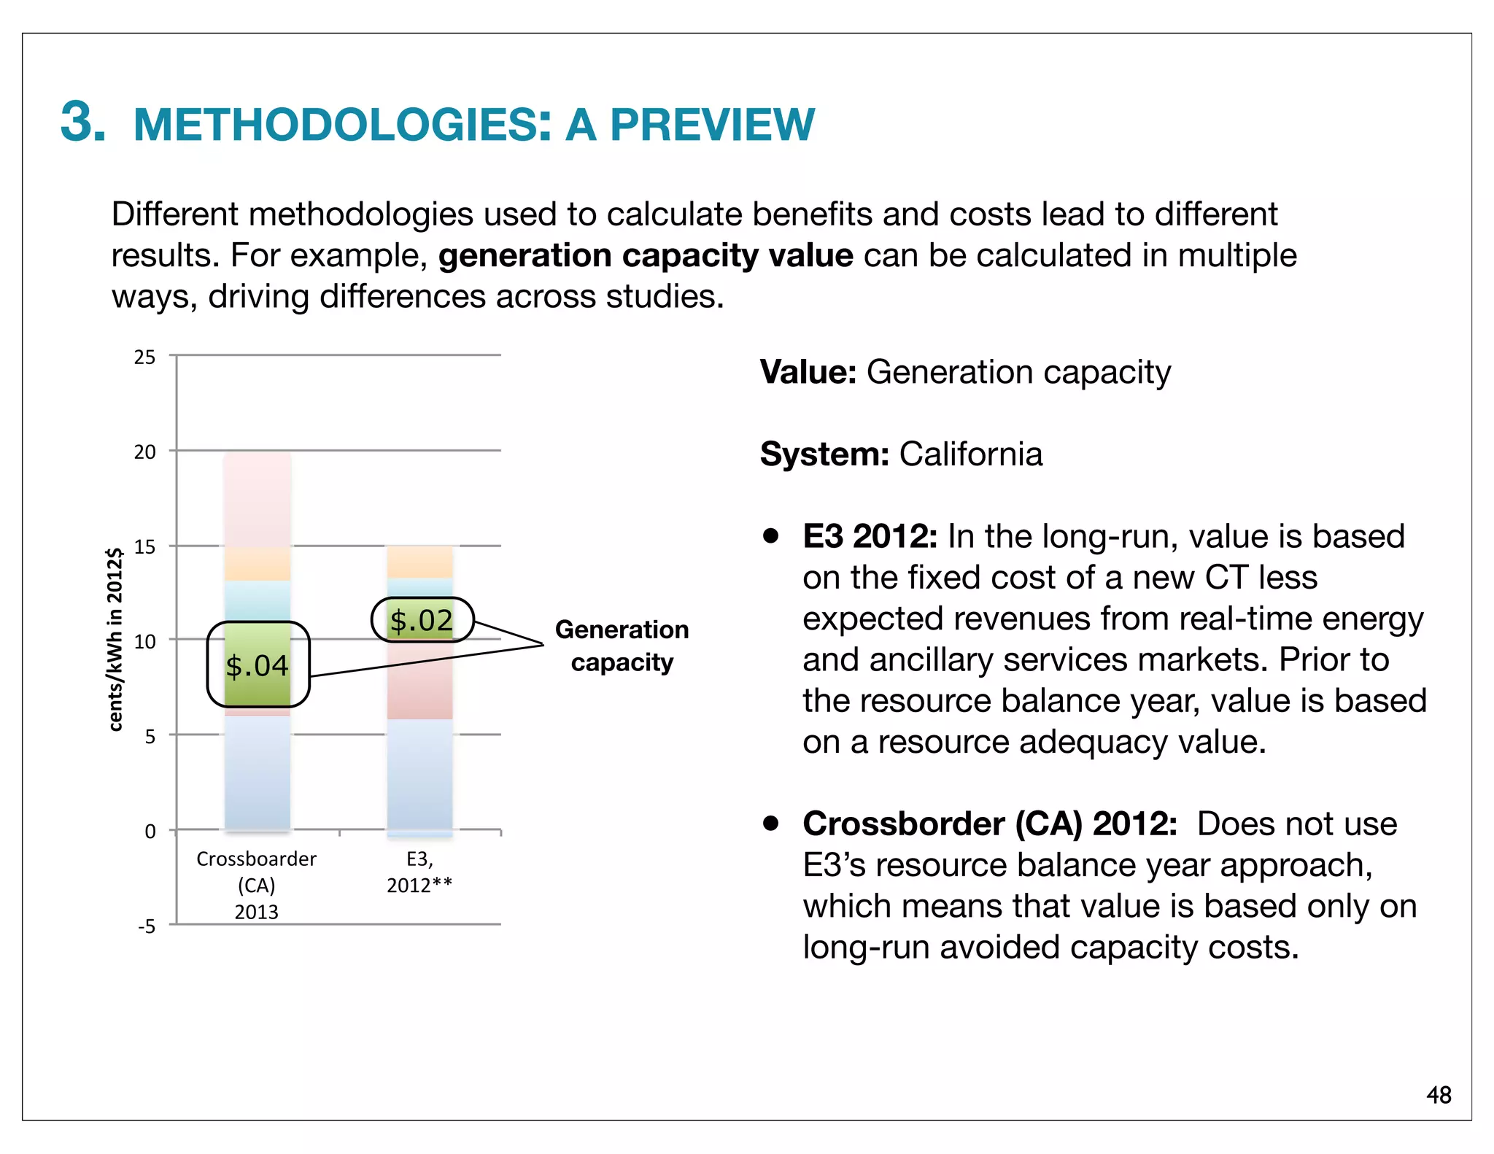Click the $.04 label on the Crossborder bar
tap(257, 666)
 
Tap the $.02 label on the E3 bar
tap(422, 621)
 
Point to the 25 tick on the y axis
tap(144, 357)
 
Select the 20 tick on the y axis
tap(144, 452)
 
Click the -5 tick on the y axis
tap(147, 926)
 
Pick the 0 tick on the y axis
tap(150, 832)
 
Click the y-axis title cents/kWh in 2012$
tap(115, 639)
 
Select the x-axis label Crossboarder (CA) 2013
tap(256, 885)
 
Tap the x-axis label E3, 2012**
tap(419, 872)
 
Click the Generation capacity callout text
tap(622, 646)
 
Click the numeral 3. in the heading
tap(82, 121)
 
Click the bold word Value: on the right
tap(808, 372)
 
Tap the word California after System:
tap(970, 454)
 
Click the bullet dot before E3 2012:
tap(770, 536)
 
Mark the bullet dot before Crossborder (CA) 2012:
tap(770, 824)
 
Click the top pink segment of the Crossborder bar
tap(258, 500)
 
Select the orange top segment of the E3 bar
tap(419, 562)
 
